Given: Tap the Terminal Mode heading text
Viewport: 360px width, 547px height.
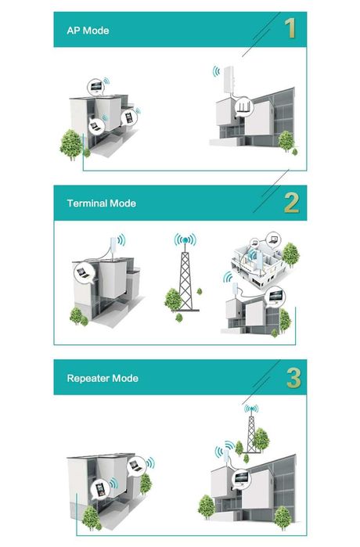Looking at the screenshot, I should click(x=101, y=203).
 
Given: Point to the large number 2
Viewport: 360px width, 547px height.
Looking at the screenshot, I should click(x=291, y=203).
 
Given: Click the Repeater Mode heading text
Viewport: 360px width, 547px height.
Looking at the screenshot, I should click(x=102, y=378).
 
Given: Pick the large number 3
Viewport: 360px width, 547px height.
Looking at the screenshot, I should click(x=293, y=377).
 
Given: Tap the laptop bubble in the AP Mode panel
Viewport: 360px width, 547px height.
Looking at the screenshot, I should click(x=97, y=124).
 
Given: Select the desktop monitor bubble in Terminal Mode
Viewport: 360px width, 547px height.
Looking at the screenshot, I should click(x=275, y=296).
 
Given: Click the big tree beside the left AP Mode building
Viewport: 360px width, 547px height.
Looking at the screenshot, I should click(x=71, y=143).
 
